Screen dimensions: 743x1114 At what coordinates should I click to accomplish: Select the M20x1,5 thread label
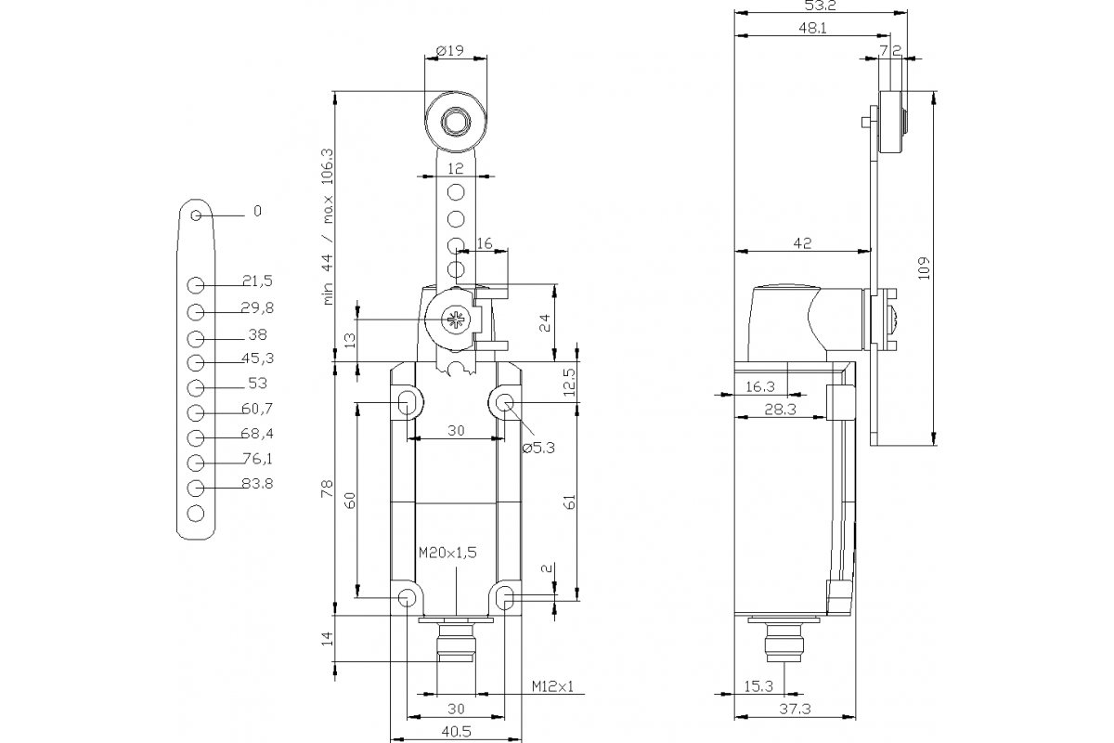coord(447,553)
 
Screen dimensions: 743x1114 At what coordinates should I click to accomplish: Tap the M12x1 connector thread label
coord(553,686)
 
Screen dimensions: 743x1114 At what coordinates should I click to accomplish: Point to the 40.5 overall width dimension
coord(455,732)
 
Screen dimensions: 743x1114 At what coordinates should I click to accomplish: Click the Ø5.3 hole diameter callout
coord(538,449)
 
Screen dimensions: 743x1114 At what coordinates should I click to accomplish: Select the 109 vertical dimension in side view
coord(923,267)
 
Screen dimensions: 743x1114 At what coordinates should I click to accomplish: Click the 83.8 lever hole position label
coord(256,484)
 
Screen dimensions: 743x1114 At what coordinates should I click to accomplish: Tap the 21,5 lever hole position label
coord(256,281)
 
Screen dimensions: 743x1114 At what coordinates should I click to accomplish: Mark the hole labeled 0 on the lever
coord(196,216)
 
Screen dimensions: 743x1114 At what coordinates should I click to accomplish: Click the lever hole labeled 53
coord(195,387)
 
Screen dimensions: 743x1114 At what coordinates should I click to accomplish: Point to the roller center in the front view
coord(455,122)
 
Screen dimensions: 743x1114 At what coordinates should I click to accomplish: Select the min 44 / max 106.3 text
coord(327,226)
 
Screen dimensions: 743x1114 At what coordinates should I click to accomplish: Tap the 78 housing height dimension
coord(327,489)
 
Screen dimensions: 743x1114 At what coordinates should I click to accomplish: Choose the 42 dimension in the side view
coord(802,243)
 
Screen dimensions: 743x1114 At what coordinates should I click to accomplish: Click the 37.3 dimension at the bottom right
coord(794,710)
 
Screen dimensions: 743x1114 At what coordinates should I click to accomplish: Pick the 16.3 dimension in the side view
coord(760,386)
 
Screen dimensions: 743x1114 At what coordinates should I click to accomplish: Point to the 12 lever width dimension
coord(455,168)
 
